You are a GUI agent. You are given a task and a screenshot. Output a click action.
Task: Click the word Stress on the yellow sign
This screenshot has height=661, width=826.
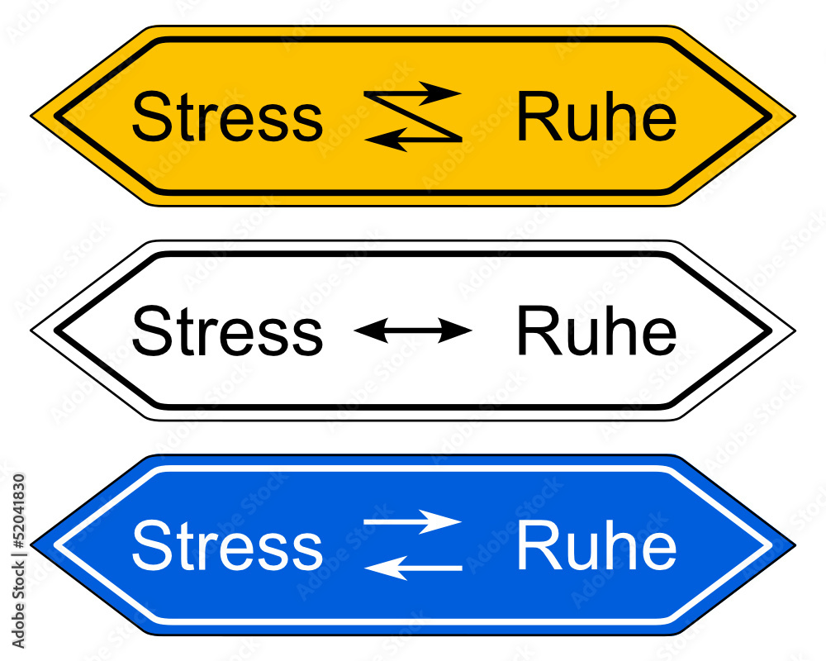point(226,119)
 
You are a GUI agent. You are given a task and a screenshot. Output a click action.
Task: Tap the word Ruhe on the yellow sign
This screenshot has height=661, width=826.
point(596,119)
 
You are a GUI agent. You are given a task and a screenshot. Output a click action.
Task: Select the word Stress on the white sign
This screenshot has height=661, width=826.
point(226,332)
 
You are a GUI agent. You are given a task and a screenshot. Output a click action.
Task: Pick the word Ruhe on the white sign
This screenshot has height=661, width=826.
point(596,332)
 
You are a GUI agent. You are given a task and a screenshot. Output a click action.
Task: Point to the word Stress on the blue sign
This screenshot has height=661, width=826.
point(226,546)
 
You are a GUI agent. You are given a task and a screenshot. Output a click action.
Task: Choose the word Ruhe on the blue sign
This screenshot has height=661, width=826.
point(596,546)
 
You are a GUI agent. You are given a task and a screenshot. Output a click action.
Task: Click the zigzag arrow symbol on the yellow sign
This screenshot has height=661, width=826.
point(412,117)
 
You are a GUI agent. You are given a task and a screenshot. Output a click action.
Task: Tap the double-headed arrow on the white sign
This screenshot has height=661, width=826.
point(412,331)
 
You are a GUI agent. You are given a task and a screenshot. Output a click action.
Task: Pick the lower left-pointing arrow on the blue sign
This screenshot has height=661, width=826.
point(412,568)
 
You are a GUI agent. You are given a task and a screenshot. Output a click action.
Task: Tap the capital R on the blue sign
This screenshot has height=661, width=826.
point(534,546)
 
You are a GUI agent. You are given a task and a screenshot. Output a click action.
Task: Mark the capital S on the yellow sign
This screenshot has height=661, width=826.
point(149,119)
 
